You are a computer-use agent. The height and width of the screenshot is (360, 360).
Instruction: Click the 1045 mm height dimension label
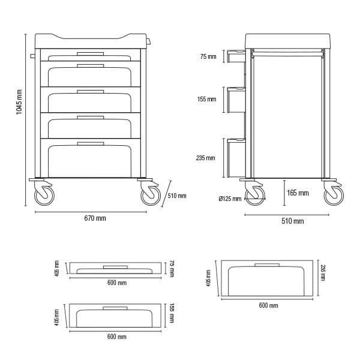tap(19, 102)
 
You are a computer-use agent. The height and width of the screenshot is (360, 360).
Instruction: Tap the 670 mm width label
tap(95, 218)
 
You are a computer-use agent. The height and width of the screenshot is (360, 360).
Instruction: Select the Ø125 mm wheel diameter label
tap(230, 199)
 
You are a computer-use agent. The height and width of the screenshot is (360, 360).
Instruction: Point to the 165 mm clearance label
tap(298, 193)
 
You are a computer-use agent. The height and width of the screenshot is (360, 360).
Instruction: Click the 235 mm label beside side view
tap(205, 158)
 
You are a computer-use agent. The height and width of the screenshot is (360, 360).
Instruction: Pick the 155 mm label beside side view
tap(206, 99)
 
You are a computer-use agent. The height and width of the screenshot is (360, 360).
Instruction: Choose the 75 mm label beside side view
tap(208, 56)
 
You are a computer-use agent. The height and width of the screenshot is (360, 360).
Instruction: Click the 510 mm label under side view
tap(293, 221)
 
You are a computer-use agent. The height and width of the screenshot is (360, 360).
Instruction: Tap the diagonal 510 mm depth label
tap(177, 196)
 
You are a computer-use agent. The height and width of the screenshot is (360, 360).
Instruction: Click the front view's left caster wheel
tap(44, 196)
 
